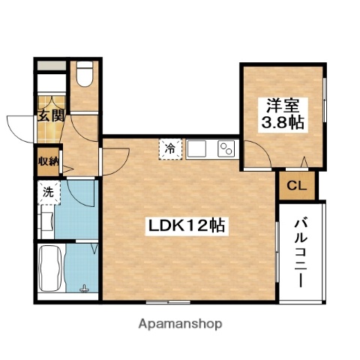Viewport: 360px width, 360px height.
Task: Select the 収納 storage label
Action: pyautogui.click(x=47, y=160)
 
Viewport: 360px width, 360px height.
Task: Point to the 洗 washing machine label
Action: pyautogui.click(x=47, y=192)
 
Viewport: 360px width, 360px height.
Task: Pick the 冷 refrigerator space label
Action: pyautogui.click(x=171, y=148)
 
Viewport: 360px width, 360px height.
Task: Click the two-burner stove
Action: pyautogui.click(x=226, y=148)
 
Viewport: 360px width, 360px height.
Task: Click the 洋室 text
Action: pyautogui.click(x=281, y=104)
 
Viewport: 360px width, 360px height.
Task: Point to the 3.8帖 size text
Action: pyautogui.click(x=281, y=123)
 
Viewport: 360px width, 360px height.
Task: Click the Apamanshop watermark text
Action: pyautogui.click(x=180, y=324)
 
